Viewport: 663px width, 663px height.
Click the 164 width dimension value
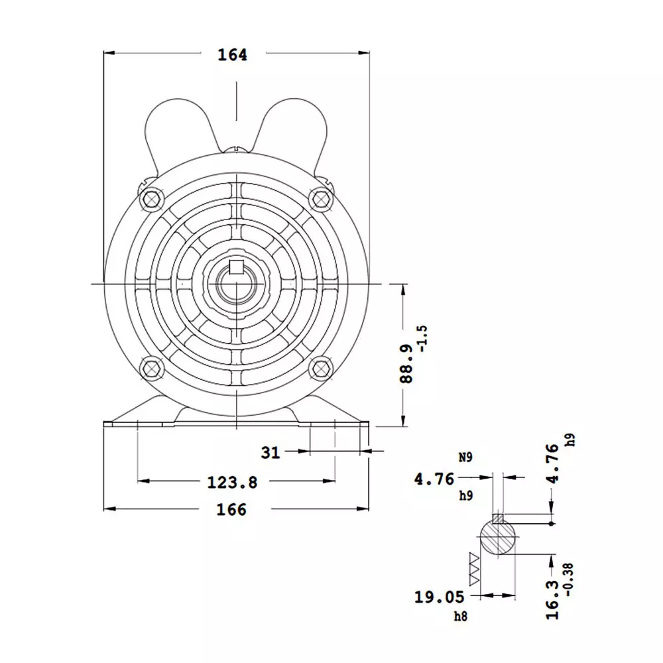pyautogui.click(x=232, y=55)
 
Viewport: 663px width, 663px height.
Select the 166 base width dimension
pyautogui.click(x=231, y=509)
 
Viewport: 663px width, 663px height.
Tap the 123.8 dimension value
pyautogui.click(x=232, y=482)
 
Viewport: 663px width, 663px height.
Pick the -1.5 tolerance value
pyautogui.click(x=424, y=338)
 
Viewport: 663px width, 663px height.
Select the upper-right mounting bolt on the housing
pyautogui.click(x=321, y=197)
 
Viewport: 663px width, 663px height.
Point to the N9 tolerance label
pyautogui.click(x=466, y=457)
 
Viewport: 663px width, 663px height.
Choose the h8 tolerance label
pyautogui.click(x=460, y=617)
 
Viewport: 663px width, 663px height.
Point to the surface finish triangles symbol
pyautogui.click(x=475, y=569)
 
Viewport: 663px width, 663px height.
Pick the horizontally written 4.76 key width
pyautogui.click(x=434, y=479)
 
